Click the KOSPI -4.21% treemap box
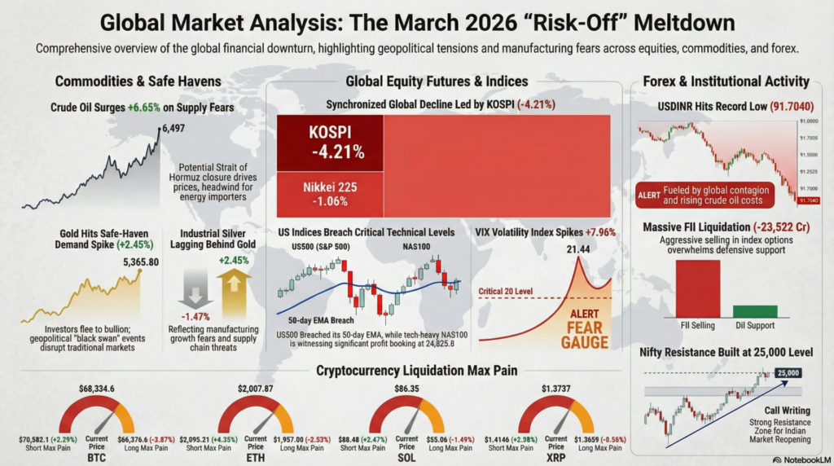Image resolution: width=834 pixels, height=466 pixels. pyautogui.click(x=330, y=143)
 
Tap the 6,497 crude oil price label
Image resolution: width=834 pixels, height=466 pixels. pyautogui.click(x=174, y=128)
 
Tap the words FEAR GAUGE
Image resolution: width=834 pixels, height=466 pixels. pyautogui.click(x=584, y=335)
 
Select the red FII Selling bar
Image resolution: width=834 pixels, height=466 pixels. pyautogui.click(x=696, y=289)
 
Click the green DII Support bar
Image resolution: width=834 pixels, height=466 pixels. pyautogui.click(x=754, y=311)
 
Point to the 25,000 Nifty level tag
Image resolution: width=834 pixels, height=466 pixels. pyautogui.click(x=789, y=372)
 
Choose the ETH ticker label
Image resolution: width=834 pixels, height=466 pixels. pyautogui.click(x=256, y=459)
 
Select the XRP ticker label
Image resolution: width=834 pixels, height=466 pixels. pyautogui.click(x=556, y=459)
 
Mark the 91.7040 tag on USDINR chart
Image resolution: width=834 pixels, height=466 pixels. pyautogui.click(x=810, y=200)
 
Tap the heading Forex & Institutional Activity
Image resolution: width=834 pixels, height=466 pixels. pyautogui.click(x=726, y=81)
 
